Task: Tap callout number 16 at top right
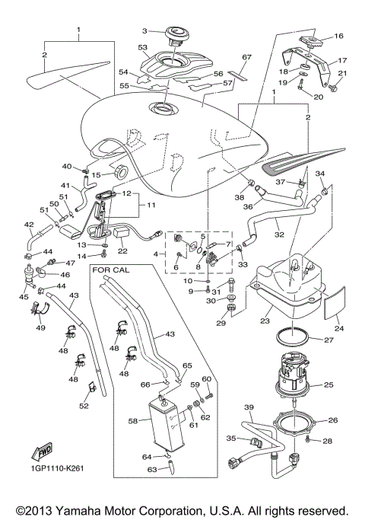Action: (339, 36)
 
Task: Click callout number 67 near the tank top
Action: (246, 57)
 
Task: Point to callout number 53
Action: (141, 47)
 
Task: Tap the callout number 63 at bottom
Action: (151, 470)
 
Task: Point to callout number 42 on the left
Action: (28, 225)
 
